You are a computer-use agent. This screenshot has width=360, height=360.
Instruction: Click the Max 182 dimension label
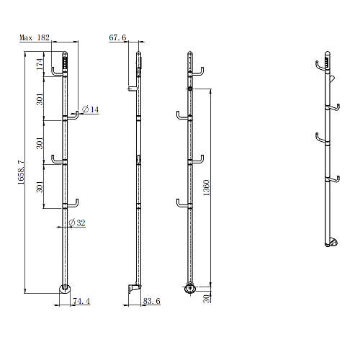(x=35, y=37)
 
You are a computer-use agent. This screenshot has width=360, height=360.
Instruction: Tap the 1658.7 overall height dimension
(x=21, y=172)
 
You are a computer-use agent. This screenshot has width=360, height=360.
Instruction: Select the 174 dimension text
(x=40, y=64)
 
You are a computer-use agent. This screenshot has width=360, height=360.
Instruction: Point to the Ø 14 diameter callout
(x=90, y=109)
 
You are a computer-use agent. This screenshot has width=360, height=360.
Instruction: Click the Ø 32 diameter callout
(x=77, y=222)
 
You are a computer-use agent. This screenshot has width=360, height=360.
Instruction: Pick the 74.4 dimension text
(x=81, y=301)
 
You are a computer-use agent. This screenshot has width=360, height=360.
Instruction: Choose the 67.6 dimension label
(x=117, y=37)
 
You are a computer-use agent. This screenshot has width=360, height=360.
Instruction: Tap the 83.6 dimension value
(x=152, y=301)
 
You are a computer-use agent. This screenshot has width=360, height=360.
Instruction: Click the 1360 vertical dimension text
(x=207, y=188)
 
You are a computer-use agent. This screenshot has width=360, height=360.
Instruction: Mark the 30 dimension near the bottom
(x=207, y=299)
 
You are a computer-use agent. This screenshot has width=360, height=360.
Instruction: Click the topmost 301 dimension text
(x=40, y=99)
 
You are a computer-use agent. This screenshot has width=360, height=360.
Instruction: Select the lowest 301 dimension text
(x=40, y=186)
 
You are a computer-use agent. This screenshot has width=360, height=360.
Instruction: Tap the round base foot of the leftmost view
(x=65, y=289)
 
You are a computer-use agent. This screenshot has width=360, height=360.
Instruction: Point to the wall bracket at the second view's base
(x=134, y=288)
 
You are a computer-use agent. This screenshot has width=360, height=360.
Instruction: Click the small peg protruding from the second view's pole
(x=132, y=89)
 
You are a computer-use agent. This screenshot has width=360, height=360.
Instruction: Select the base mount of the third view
(x=190, y=288)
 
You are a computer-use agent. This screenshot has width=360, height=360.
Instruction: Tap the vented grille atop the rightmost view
(x=327, y=63)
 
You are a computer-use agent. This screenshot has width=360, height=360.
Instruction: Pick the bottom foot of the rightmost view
(x=332, y=243)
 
